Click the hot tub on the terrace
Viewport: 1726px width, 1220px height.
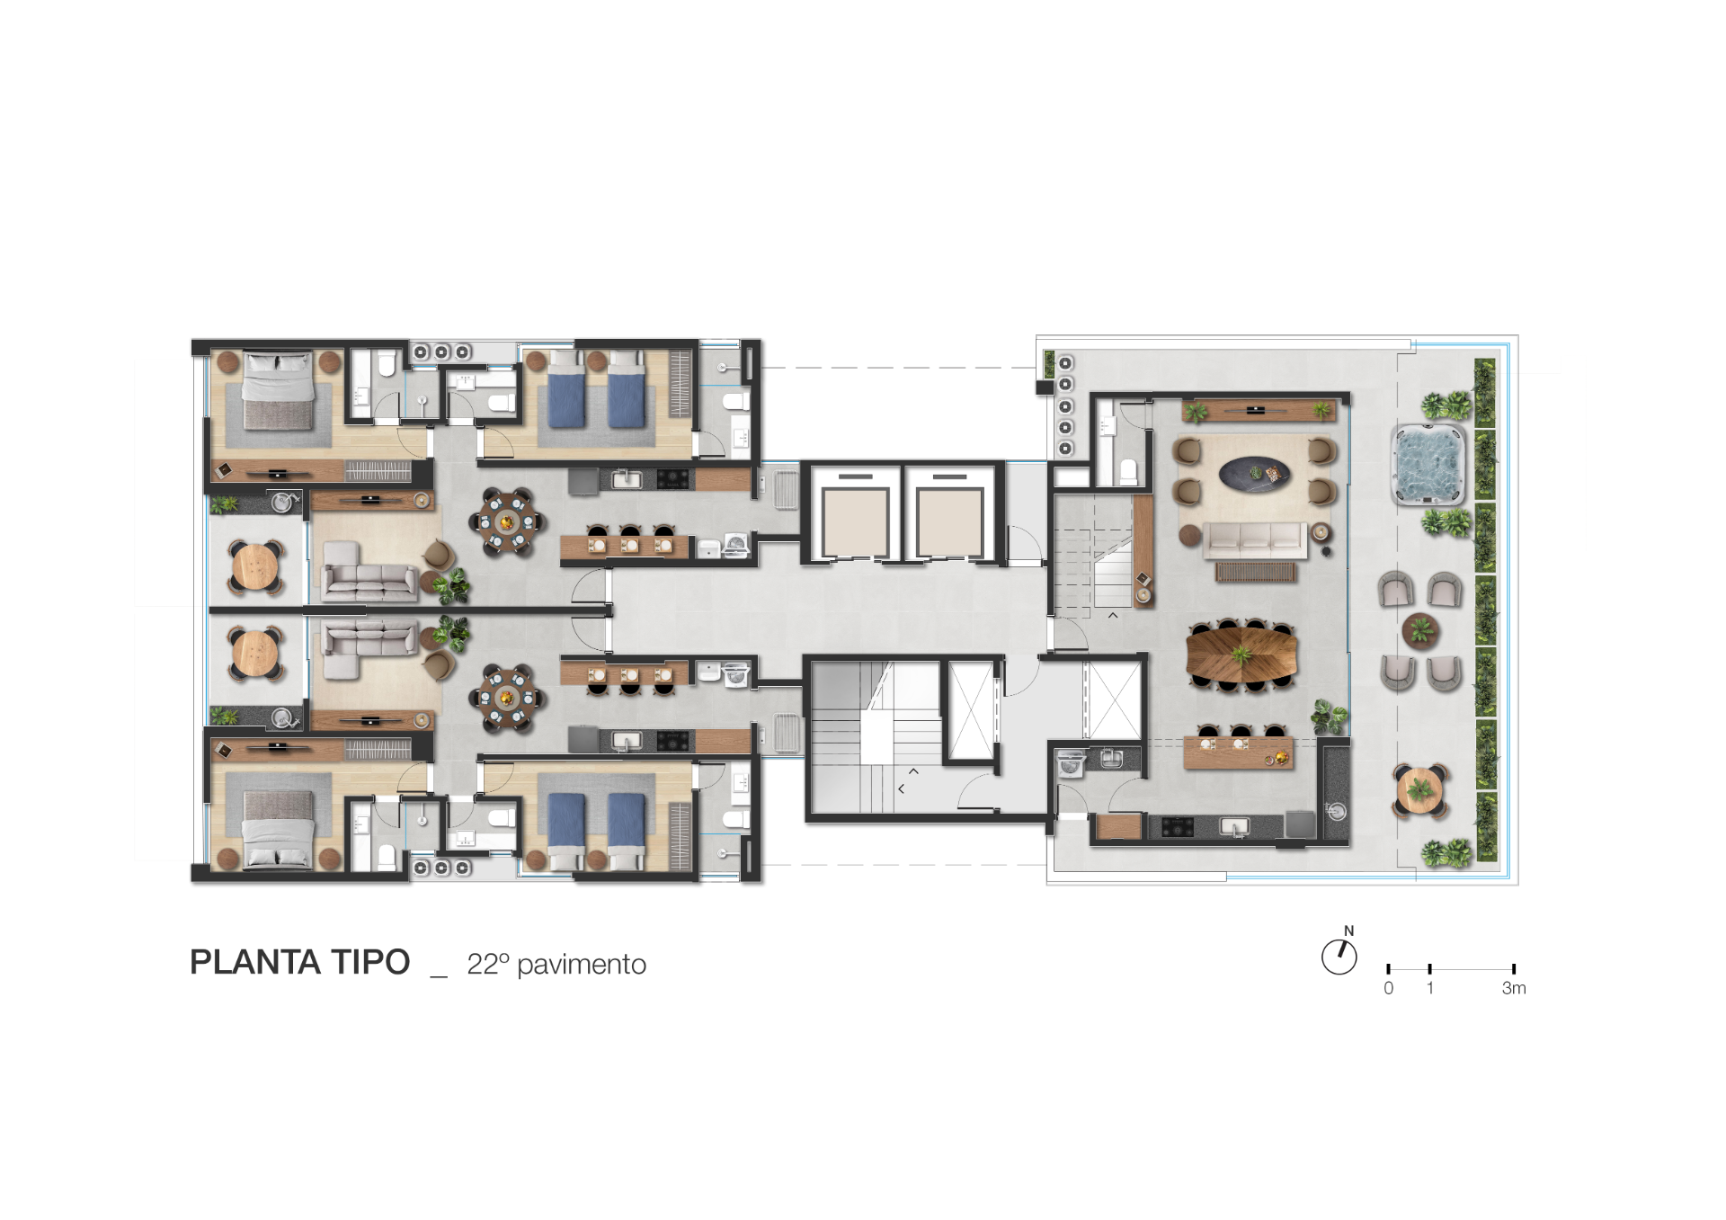(x=1428, y=464)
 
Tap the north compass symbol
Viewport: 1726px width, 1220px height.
(x=1339, y=957)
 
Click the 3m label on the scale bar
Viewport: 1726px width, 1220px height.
(x=1514, y=988)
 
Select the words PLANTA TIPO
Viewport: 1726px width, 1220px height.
(x=299, y=962)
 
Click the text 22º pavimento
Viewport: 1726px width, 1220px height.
(x=556, y=965)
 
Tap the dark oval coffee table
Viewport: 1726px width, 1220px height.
(x=1254, y=472)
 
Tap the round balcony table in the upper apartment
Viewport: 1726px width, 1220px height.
(x=257, y=567)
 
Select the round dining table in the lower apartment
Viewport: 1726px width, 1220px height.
(x=506, y=697)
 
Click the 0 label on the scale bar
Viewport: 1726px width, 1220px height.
(x=1389, y=988)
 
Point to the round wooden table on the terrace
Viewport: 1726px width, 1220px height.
(x=1420, y=791)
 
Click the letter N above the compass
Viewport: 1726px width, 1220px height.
(x=1348, y=931)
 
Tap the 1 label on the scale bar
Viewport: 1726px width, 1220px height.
(x=1430, y=988)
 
